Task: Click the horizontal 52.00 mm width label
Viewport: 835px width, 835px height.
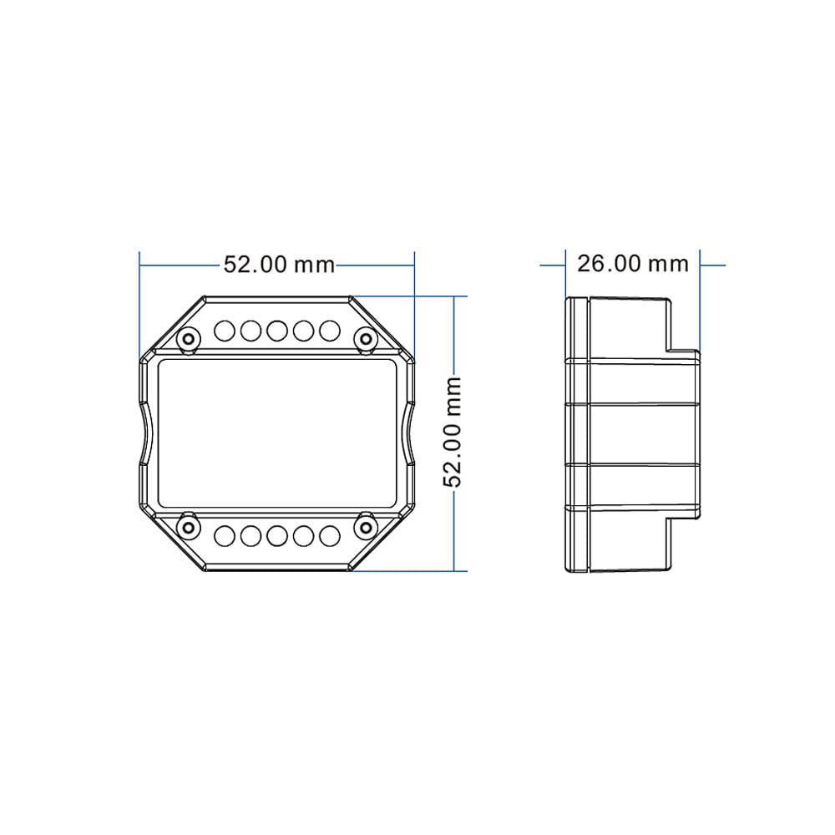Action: click(x=279, y=265)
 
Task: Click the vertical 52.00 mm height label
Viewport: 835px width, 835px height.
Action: click(x=452, y=432)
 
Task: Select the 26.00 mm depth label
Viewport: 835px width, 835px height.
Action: click(x=633, y=264)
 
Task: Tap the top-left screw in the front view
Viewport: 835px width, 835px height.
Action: click(x=189, y=339)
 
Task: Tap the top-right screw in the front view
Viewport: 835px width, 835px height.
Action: click(x=366, y=339)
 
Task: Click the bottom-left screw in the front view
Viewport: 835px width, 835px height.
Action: click(x=189, y=527)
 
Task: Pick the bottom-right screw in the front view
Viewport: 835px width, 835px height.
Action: click(x=366, y=527)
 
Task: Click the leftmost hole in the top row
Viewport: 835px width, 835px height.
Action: click(x=224, y=331)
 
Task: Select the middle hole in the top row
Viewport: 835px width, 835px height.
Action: click(x=277, y=331)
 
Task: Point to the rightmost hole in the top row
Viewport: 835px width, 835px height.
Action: click(x=330, y=331)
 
